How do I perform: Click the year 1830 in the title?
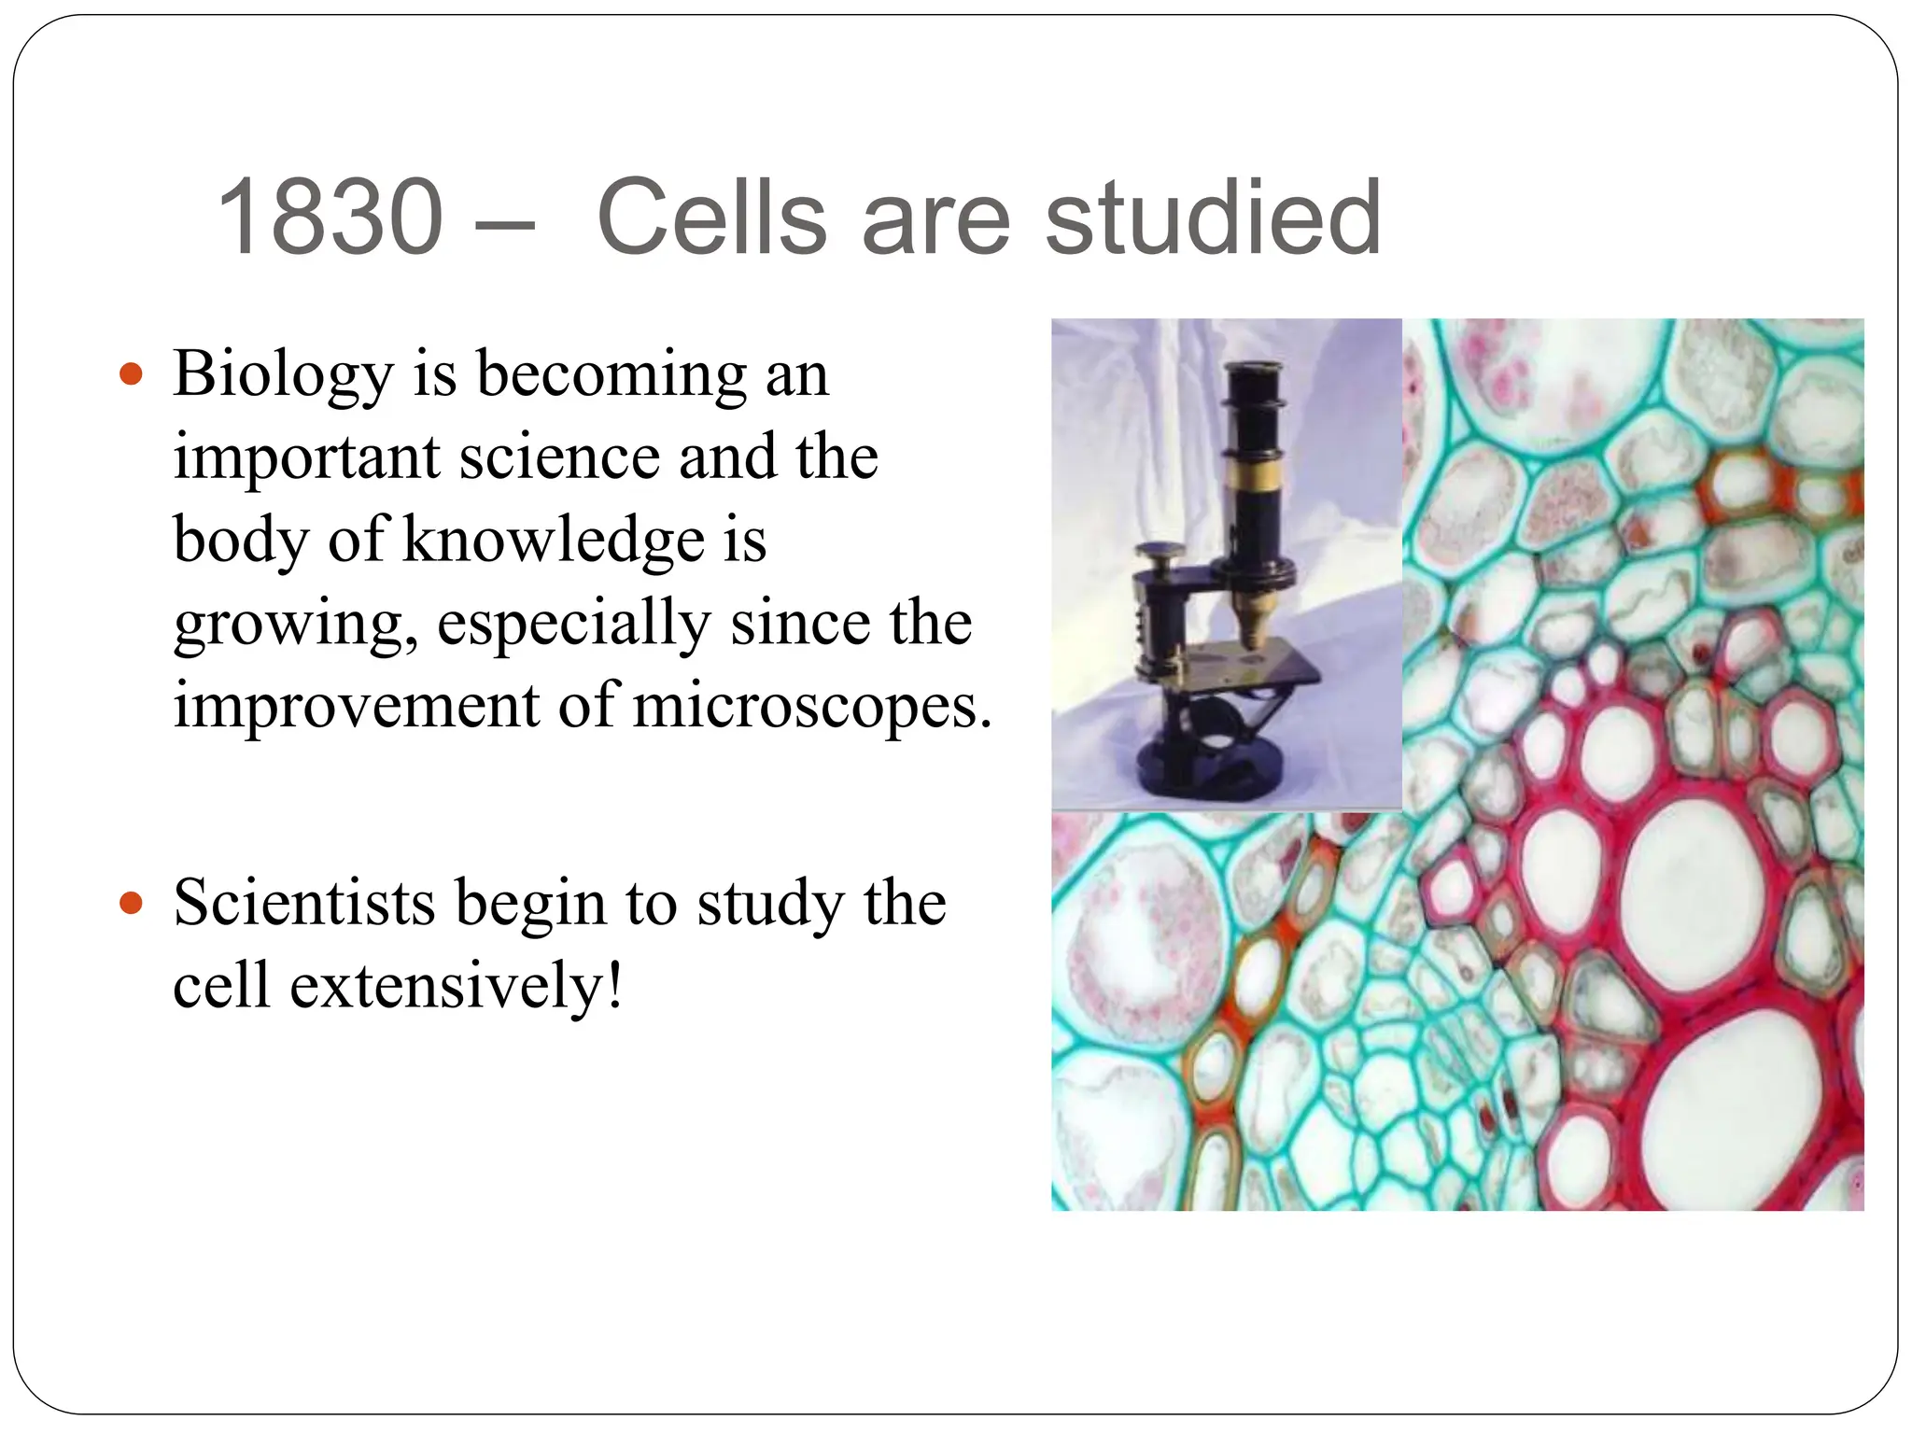329,218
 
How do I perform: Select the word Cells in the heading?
711,218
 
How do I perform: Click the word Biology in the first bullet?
283,374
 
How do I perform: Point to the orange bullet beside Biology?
132,374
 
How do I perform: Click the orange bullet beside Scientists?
132,903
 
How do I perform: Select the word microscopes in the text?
810,706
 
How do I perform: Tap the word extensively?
456,986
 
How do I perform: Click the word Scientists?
303,903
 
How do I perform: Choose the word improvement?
356,706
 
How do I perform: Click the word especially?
573,623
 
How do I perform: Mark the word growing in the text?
295,623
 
